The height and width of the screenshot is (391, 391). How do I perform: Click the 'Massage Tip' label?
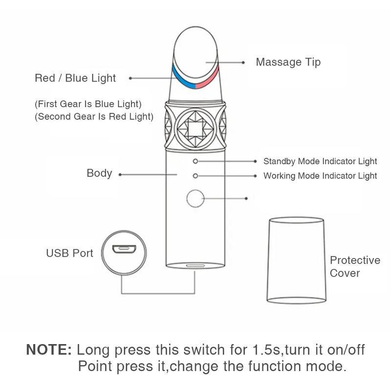coord(288,63)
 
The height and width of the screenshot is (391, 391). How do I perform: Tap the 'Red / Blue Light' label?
coord(75,78)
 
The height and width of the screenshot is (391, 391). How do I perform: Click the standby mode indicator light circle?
coord(195,161)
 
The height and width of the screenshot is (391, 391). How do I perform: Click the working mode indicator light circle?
coord(195,175)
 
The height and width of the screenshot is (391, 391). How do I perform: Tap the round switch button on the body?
coord(195,198)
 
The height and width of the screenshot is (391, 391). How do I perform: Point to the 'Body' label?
coord(99,174)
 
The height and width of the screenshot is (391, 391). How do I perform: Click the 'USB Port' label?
coord(69,253)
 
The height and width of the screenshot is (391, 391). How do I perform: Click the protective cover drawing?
coord(297,259)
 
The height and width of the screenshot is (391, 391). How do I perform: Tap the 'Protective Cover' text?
coord(355,266)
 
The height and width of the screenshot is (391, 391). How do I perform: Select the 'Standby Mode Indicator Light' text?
coord(320,161)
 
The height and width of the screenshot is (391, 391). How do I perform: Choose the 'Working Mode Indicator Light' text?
coord(320,176)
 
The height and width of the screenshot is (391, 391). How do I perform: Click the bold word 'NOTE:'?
coord(49,350)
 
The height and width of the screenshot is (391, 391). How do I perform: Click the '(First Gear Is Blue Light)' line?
coord(88,104)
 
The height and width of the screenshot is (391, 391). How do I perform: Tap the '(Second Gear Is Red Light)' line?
coord(94,117)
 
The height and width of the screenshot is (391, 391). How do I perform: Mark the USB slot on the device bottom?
coord(195,266)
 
